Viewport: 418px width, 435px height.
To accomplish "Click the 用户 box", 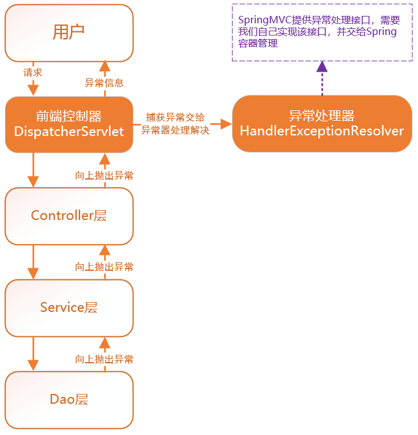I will (x=69, y=32).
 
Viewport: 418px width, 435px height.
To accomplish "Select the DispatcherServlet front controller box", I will (x=69, y=124).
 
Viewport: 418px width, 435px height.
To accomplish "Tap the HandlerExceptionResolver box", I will (x=322, y=124).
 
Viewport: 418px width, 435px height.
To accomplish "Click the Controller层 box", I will (x=69, y=216).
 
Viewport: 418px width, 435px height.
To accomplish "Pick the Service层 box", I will (x=69, y=308).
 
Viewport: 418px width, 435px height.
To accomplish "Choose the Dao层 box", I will (x=69, y=399).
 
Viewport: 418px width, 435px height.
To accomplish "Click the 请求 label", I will (x=33, y=72).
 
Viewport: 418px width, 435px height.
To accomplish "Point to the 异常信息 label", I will (x=104, y=83).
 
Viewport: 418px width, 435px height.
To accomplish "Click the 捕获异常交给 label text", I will (x=175, y=117).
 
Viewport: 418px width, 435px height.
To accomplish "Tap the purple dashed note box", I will (x=322, y=32).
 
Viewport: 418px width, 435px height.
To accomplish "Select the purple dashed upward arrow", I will (x=322, y=78).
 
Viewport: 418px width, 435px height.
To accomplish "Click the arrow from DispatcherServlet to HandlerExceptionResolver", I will (x=222, y=124).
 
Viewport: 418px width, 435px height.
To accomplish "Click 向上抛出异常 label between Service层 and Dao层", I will (x=104, y=359).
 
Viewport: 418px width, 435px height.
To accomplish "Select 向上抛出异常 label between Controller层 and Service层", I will (x=104, y=267).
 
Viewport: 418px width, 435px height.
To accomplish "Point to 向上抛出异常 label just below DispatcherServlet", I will (x=104, y=175).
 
